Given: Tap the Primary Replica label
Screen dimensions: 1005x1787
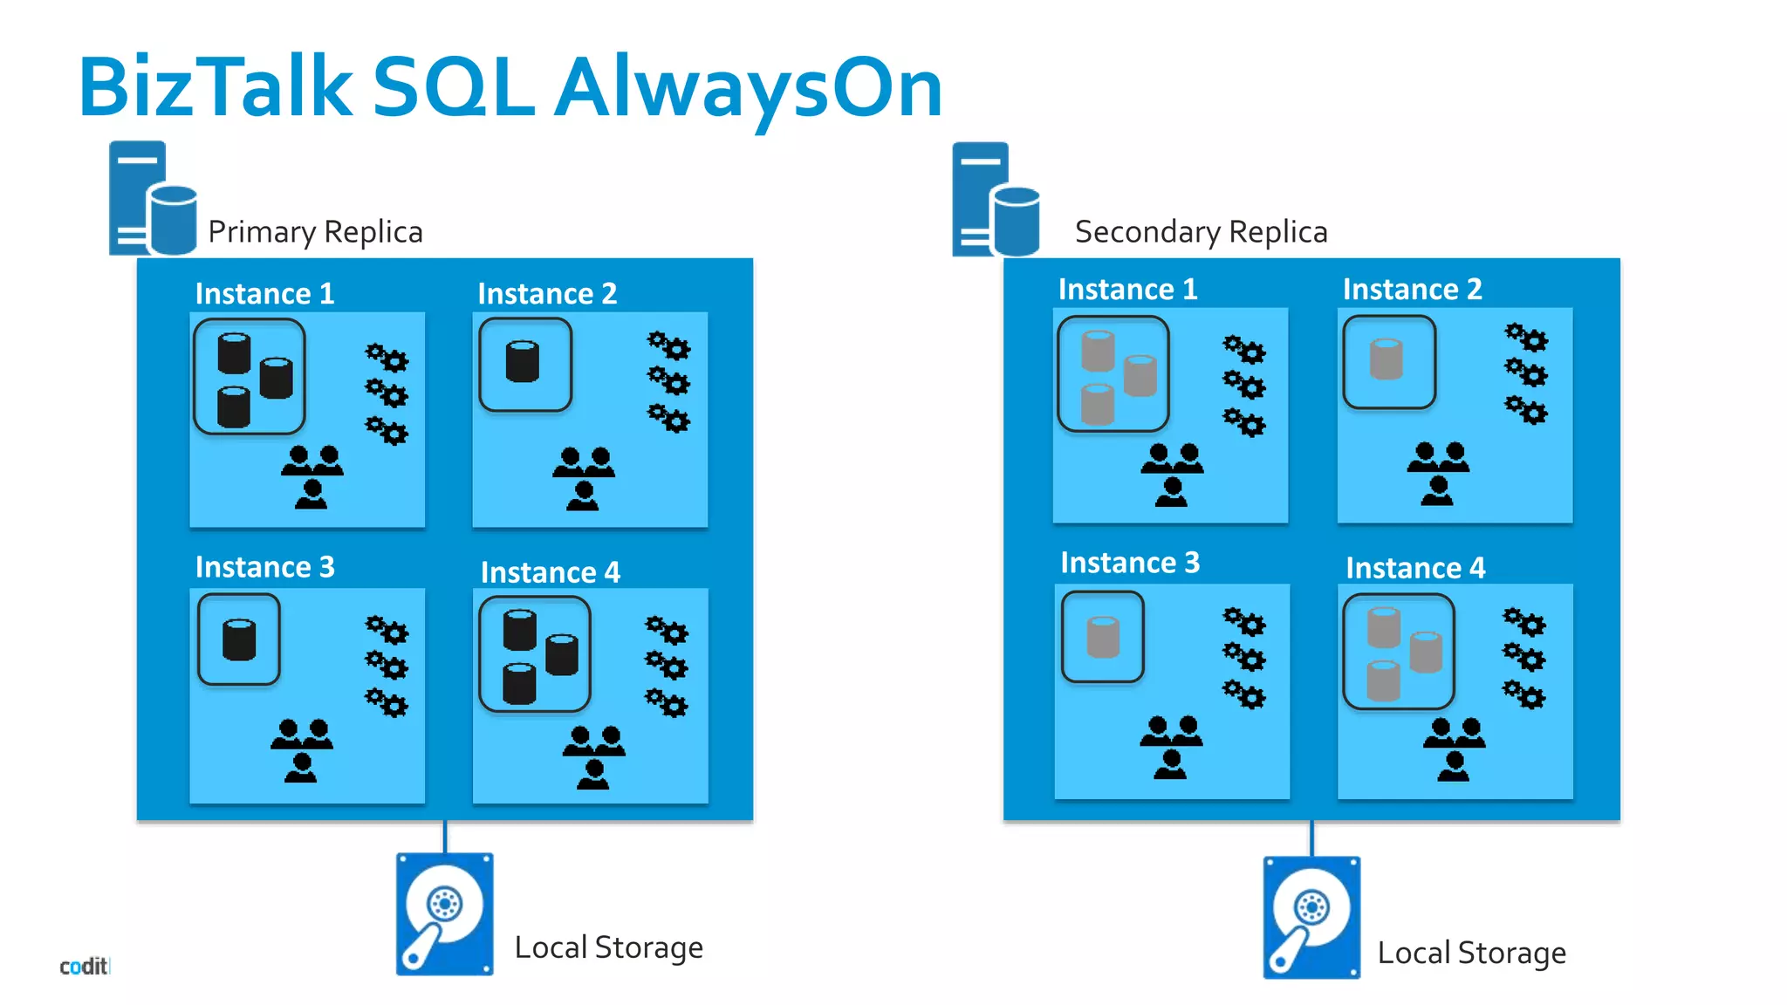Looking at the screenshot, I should pos(315,232).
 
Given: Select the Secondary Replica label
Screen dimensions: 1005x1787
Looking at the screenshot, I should pos(1201,232).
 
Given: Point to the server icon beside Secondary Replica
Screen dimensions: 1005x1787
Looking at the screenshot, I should pos(995,200).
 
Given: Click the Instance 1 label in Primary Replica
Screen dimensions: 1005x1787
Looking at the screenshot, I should pos(264,294).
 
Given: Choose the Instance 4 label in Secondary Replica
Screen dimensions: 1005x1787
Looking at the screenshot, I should pos(1414,568).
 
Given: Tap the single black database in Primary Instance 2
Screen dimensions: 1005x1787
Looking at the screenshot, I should pos(523,362).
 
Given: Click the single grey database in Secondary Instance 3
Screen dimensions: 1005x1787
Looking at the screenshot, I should pos(1102,637).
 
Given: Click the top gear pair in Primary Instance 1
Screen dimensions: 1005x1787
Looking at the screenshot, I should pos(387,357).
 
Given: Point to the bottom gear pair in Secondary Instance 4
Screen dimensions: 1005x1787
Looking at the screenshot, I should pos(1523,694).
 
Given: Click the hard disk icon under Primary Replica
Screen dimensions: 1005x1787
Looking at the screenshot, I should pos(444,913).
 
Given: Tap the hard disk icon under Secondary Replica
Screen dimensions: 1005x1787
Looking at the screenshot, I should pos(1311,917).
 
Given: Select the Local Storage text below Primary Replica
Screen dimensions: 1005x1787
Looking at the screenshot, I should pos(608,947).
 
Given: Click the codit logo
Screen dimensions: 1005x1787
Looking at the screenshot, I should pos(84,967).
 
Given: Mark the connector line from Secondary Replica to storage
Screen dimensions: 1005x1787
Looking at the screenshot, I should pos(1311,838).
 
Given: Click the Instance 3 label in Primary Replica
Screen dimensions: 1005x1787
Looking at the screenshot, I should pos(264,567).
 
